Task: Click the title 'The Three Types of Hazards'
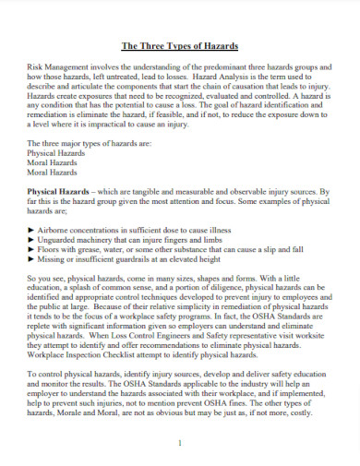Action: tap(180, 45)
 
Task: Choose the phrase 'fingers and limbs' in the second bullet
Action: tap(206, 237)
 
